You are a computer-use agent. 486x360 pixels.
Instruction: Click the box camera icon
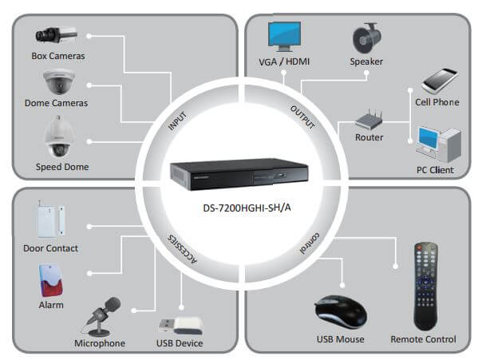pyautogui.click(x=55, y=35)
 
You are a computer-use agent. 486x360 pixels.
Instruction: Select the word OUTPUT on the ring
pyautogui.click(x=301, y=117)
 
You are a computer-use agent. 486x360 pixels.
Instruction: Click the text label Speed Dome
pyautogui.click(x=61, y=167)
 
